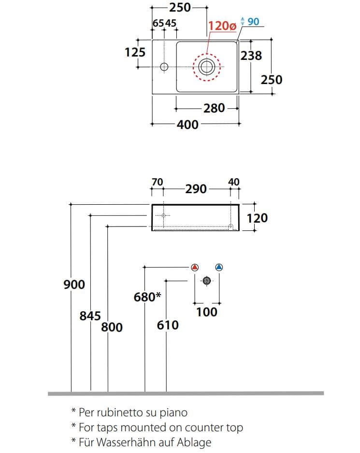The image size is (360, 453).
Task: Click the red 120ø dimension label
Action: pos(222,26)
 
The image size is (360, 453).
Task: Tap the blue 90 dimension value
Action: pos(253,21)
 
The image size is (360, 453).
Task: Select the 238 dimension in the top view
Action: pos(251,56)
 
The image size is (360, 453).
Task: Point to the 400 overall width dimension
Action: pos(187,125)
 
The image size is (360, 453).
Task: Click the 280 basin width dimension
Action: pos(214,108)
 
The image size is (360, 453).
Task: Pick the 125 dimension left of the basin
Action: pos(135,52)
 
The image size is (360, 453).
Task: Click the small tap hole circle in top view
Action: pos(164,67)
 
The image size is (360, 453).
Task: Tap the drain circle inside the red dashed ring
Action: pos(207,67)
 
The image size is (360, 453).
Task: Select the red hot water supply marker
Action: pos(195,267)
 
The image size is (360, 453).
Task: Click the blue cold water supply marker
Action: pos(219,267)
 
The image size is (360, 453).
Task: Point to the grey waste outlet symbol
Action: pos(206,281)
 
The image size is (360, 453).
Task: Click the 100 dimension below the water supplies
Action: pos(207,312)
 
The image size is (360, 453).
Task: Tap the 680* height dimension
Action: pos(147,297)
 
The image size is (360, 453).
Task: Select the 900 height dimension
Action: pos(74,284)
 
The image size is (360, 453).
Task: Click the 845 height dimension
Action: pos(90,316)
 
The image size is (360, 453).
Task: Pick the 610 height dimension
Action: pos(168,325)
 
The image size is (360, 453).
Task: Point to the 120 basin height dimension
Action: pos(257,218)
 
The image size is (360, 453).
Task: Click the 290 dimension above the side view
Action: pos(196,189)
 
